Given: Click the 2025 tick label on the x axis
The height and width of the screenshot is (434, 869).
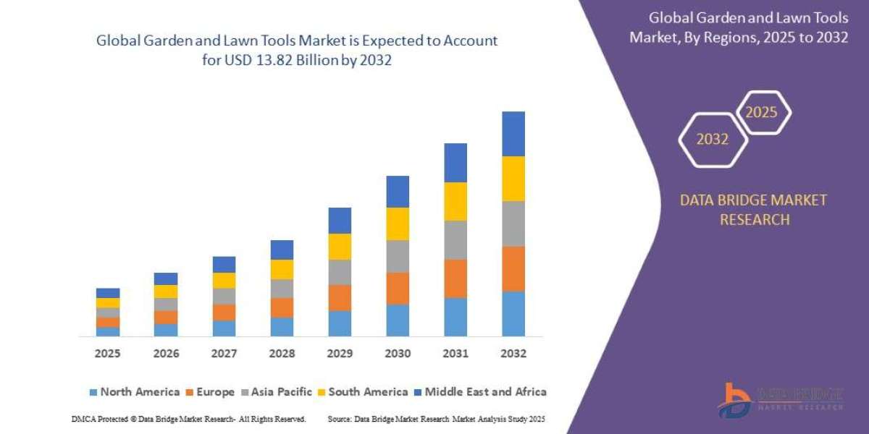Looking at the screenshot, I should [x=107, y=354].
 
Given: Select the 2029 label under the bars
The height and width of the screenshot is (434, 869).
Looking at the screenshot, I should [x=340, y=354].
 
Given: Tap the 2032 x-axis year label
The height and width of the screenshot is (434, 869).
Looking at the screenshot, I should [x=513, y=354].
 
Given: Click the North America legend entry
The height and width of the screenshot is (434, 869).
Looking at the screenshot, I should [x=134, y=391].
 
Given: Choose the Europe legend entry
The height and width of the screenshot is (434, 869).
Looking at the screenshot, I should [x=210, y=391].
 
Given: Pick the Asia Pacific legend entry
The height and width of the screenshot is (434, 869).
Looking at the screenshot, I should [x=279, y=391].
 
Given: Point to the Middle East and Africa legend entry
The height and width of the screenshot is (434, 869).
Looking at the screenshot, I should [x=482, y=391].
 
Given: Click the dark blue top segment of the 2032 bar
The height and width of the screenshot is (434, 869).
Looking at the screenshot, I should [x=513, y=134].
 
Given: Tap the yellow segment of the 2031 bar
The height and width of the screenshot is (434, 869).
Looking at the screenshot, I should [x=456, y=201].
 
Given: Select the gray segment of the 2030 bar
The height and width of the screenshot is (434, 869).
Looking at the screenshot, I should [x=398, y=256].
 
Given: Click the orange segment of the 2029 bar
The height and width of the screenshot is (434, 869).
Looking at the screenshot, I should [x=340, y=297].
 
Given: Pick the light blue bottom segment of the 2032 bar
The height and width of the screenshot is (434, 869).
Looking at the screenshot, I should [x=513, y=314].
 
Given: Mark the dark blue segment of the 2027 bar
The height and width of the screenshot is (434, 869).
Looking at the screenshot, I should [x=224, y=264].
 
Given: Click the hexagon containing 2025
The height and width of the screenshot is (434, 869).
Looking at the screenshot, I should [x=762, y=113].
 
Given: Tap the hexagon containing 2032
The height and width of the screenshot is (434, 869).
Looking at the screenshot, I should [x=712, y=140].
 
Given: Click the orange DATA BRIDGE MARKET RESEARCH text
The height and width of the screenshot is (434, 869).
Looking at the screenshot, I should [x=753, y=210].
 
